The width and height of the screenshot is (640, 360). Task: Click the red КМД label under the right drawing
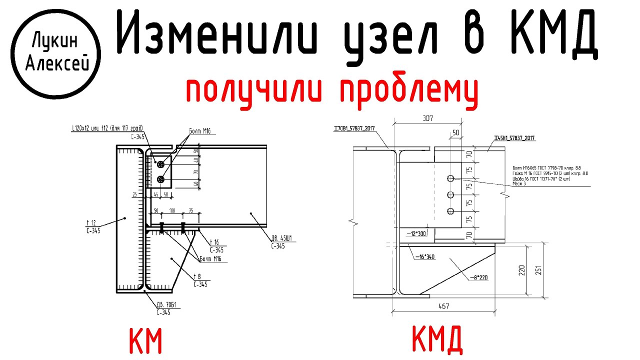[436, 340]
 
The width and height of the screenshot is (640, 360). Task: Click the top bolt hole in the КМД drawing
[450, 178]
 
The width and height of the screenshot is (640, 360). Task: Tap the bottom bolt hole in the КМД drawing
[450, 211]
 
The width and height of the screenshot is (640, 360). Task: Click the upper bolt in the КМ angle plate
[160, 164]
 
